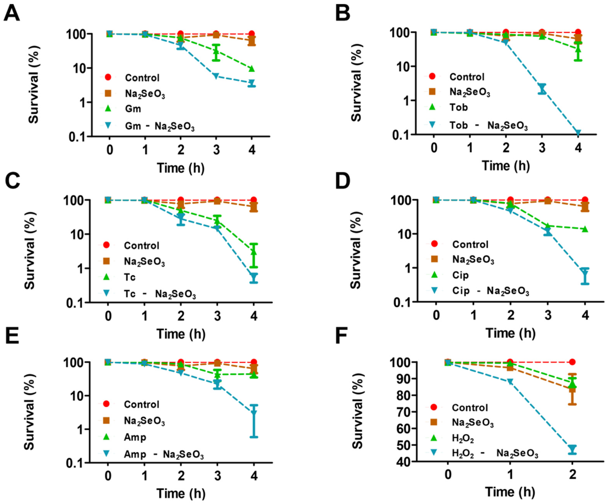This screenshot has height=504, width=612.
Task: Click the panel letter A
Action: (x=12, y=14)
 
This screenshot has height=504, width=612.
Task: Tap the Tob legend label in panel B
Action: (x=459, y=107)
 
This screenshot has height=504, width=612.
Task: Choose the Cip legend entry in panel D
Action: (x=460, y=275)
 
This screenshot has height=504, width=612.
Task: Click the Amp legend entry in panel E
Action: (x=135, y=437)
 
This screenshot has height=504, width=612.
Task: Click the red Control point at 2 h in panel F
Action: (x=572, y=362)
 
